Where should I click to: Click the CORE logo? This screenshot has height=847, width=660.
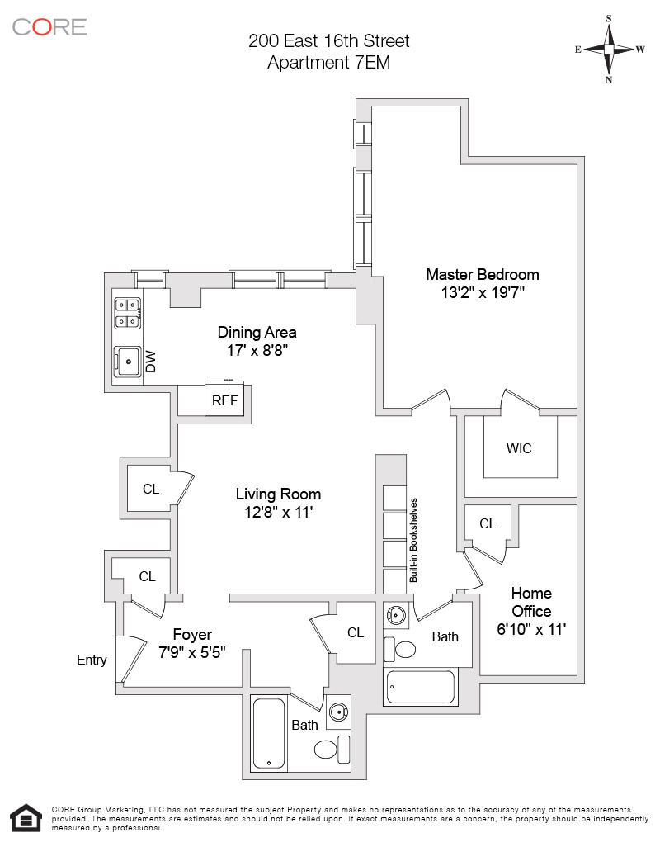[49, 26]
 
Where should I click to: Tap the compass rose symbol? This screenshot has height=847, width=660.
[609, 49]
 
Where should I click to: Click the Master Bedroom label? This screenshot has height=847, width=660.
[482, 274]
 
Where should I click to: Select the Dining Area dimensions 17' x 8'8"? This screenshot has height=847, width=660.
[257, 351]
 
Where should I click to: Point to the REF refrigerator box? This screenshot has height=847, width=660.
[224, 400]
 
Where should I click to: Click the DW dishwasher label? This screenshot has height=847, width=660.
[151, 362]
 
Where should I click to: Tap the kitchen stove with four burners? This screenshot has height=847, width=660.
[127, 312]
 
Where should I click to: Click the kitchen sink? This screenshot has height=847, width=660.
[127, 361]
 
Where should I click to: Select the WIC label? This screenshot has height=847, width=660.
[519, 448]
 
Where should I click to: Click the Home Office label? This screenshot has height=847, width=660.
[531, 602]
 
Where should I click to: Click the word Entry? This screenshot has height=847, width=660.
[92, 660]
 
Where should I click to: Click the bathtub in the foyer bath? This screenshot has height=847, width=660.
[269, 734]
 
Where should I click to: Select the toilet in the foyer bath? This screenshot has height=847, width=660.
[327, 750]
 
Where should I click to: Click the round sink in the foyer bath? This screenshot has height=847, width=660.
[338, 712]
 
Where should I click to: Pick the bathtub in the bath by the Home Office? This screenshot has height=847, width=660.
[421, 687]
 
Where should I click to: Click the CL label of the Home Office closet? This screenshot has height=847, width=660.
[488, 523]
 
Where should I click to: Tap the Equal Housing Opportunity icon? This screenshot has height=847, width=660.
[28, 818]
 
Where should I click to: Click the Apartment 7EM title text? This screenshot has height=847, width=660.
[328, 61]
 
